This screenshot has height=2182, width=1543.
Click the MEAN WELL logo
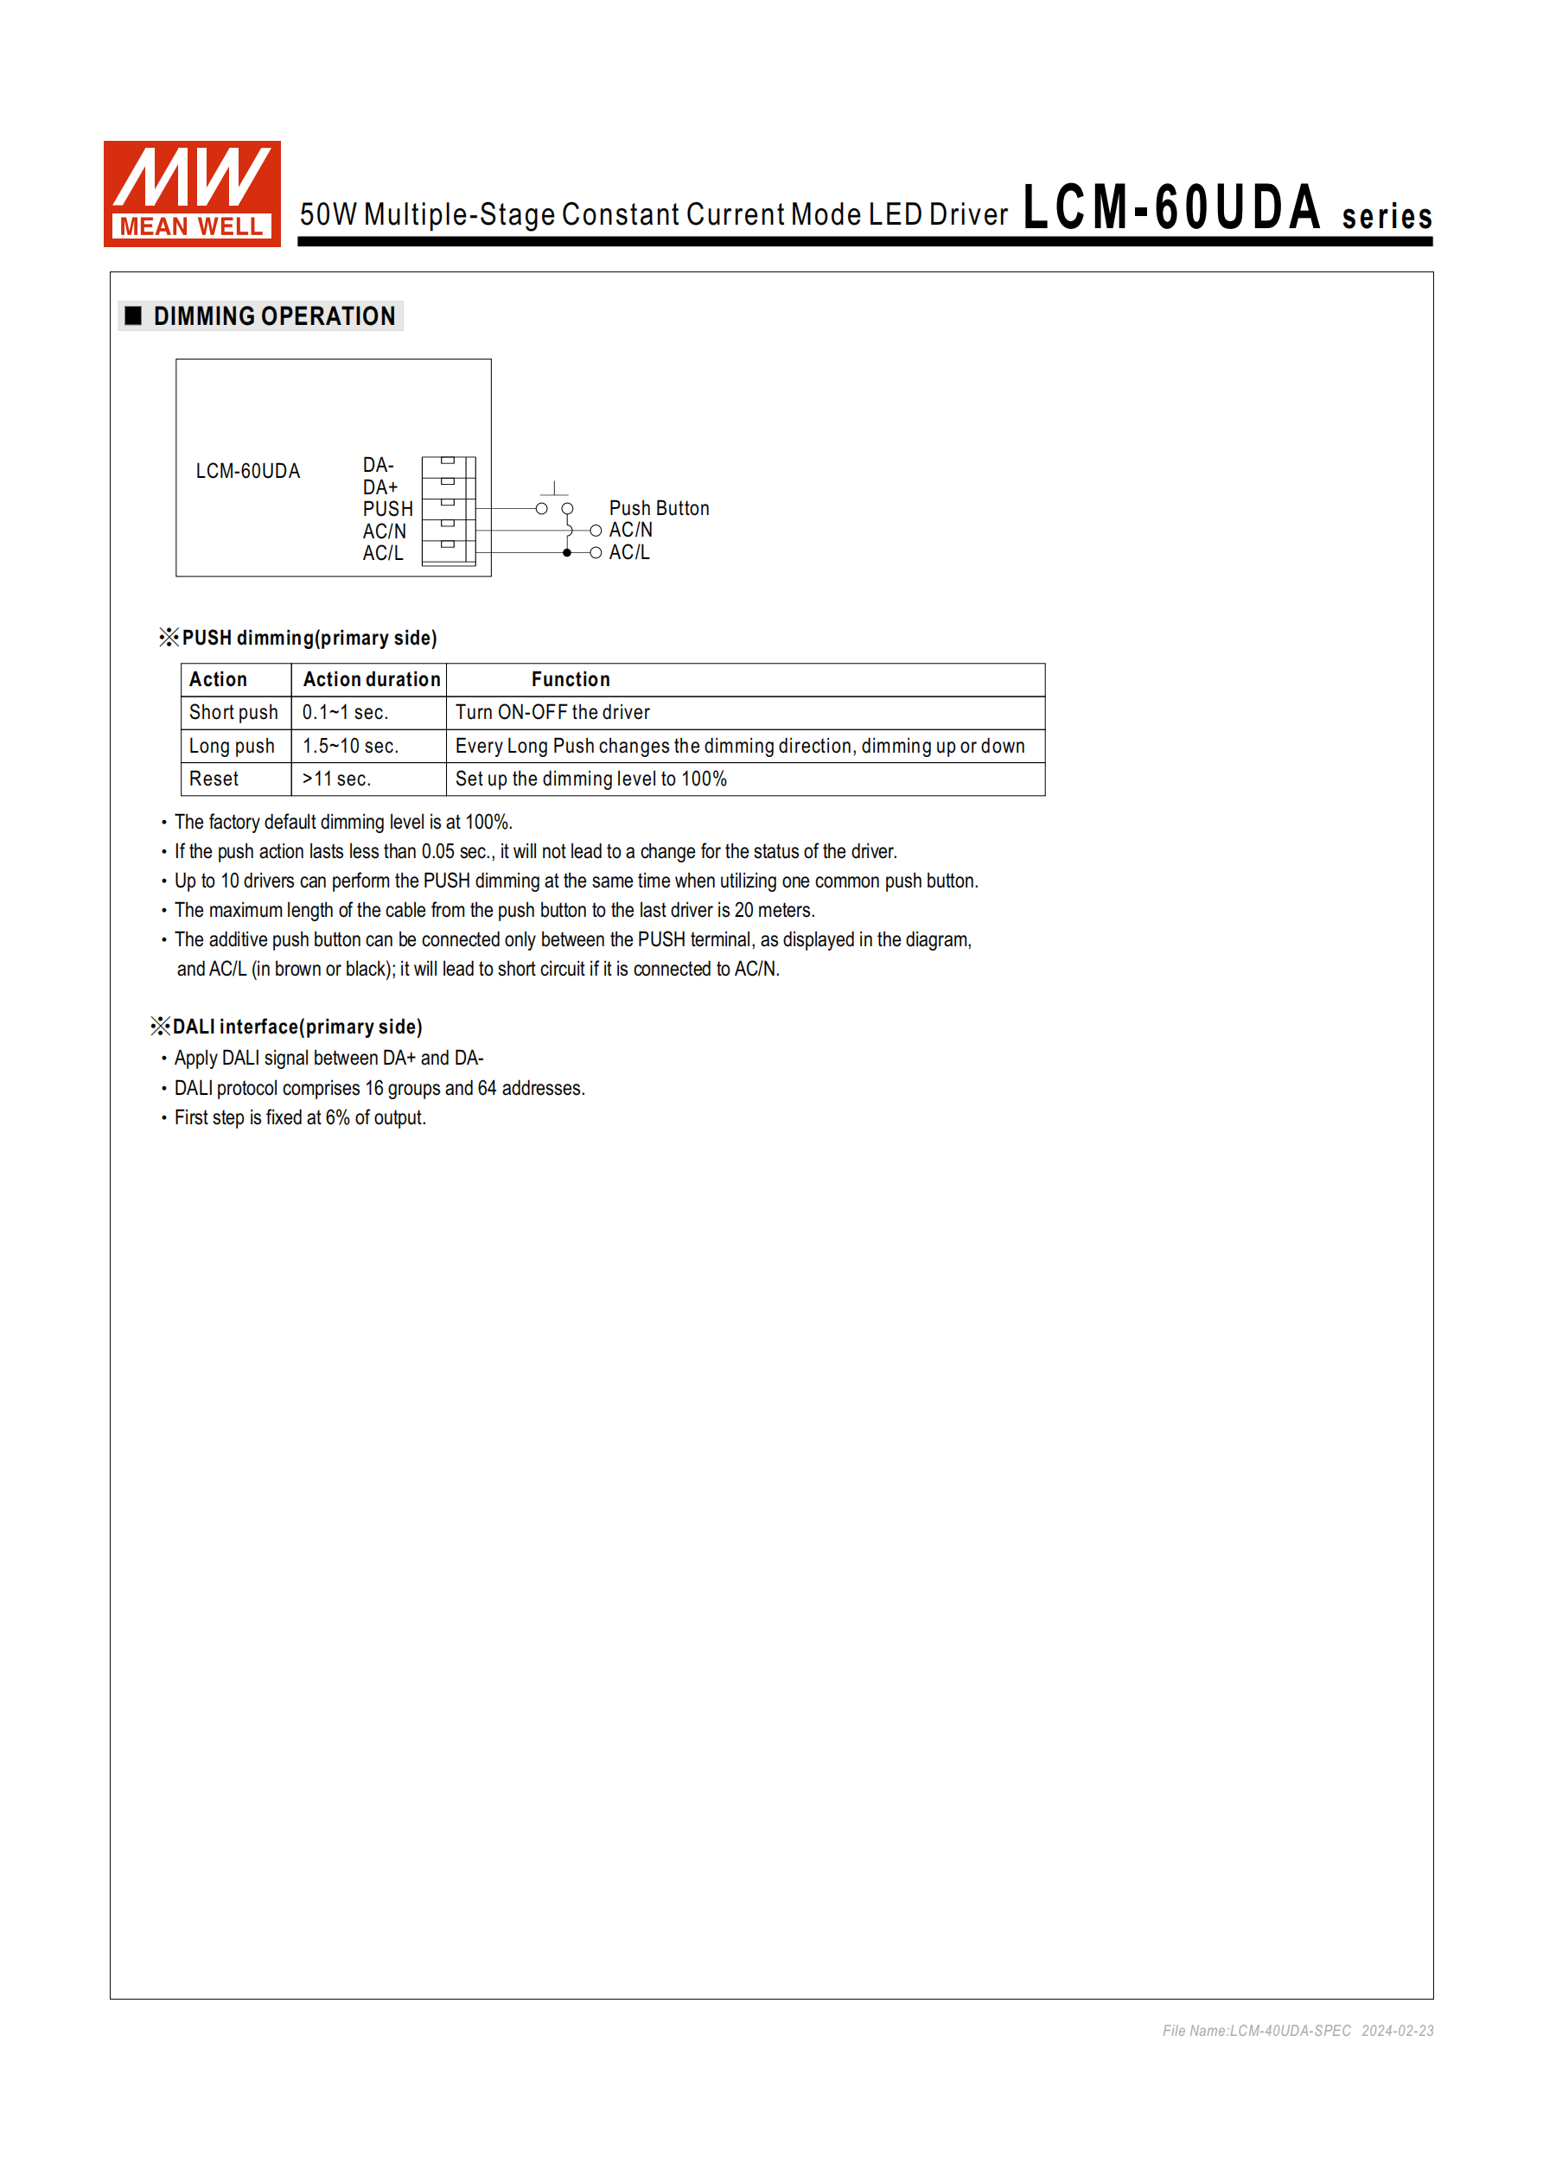191,194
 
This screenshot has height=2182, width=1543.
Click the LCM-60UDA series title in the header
1227,209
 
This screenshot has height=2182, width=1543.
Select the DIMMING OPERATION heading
274,315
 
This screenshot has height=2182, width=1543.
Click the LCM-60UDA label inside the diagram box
247,471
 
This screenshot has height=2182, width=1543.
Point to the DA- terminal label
378,465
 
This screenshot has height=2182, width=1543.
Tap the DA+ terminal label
379,487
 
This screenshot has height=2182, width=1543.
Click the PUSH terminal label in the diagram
387,508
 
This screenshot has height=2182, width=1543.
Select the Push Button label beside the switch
658,508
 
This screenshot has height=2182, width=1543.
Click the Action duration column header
371,679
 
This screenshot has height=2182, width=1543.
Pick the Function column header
571,679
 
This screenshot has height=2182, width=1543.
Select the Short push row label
233,713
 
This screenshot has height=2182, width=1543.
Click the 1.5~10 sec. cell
350,746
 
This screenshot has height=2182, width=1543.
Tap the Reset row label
214,779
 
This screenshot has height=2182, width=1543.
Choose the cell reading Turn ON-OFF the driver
552,713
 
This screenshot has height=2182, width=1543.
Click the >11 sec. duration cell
336,779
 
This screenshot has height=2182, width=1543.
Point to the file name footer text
1297,2031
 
